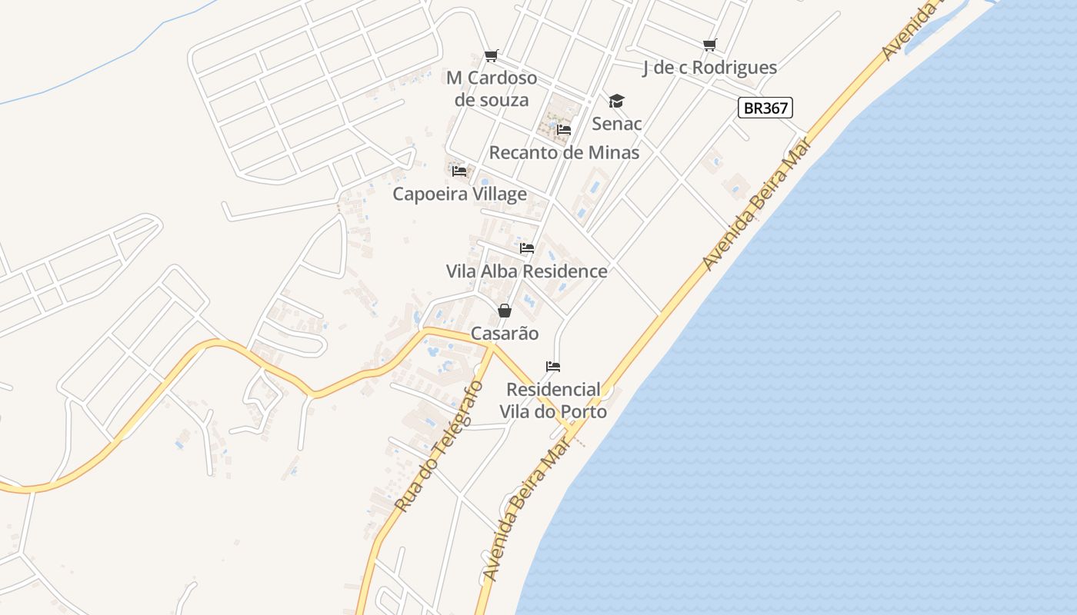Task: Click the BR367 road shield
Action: (765, 108)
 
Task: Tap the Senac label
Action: (616, 124)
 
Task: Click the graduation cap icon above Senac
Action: (616, 101)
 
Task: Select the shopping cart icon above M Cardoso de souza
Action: (491, 55)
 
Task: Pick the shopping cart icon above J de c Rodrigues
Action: (709, 45)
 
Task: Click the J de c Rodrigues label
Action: (709, 68)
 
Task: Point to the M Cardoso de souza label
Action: (492, 89)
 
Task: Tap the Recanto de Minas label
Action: (564, 152)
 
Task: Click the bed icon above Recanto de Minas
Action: (564, 130)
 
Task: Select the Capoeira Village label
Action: (459, 194)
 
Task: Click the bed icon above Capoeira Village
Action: (459, 171)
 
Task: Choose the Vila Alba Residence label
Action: (526, 271)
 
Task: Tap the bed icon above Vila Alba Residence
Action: (526, 248)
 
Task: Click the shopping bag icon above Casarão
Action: (504, 311)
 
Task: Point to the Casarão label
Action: (504, 334)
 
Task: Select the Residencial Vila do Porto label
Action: (553, 401)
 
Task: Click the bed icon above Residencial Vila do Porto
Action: (553, 366)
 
